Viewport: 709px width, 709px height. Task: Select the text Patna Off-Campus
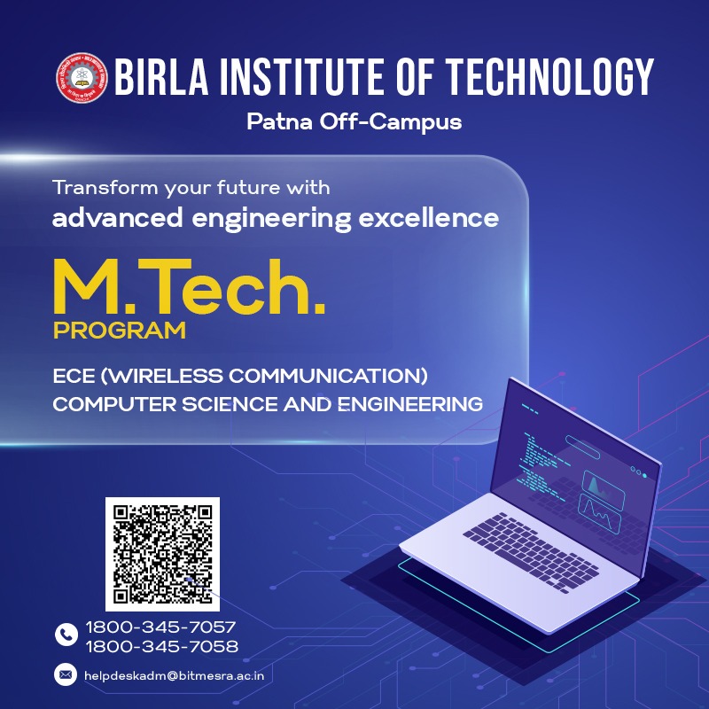(x=354, y=121)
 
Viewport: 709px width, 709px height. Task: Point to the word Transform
(x=99, y=188)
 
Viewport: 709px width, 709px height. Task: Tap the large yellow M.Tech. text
(x=188, y=286)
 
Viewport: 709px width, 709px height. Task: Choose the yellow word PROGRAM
(x=119, y=331)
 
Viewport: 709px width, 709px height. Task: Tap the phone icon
(x=66, y=635)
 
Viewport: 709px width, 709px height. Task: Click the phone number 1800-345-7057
(x=161, y=627)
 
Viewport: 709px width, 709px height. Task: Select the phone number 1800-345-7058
(x=161, y=646)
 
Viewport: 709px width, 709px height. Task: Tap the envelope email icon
(x=66, y=675)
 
